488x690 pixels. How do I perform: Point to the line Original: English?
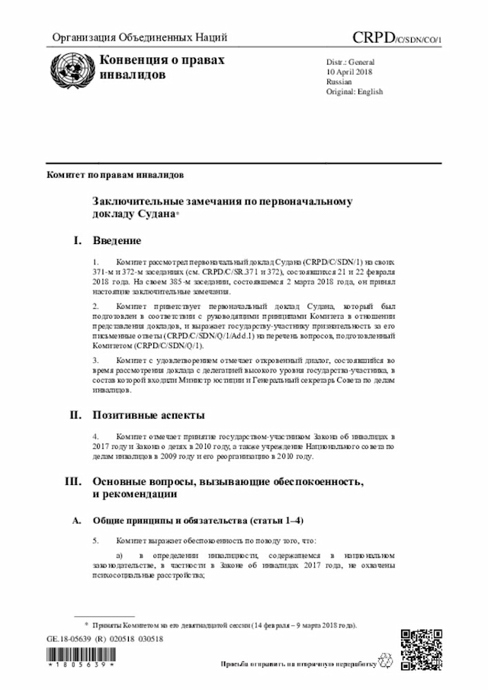pos(355,91)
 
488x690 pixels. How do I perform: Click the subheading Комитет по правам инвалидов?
pos(115,175)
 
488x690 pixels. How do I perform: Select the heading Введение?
pos(117,241)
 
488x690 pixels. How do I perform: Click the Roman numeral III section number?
pos(74,482)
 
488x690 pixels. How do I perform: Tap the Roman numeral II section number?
pos(75,416)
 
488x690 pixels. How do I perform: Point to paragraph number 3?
pos(95,359)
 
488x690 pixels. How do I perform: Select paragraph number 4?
pos(95,438)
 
